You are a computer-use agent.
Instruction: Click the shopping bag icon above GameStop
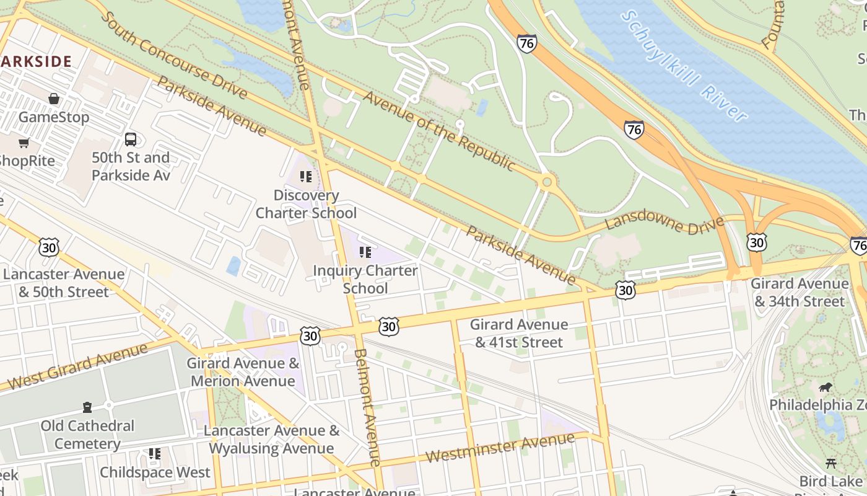[x=54, y=99]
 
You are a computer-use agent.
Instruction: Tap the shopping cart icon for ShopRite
[x=24, y=143]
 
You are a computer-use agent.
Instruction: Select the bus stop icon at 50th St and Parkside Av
[x=131, y=139]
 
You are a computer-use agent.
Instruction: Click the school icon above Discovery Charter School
[x=306, y=177]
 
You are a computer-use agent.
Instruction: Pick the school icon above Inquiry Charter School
[x=365, y=252]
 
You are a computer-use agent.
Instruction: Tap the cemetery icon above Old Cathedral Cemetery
[x=87, y=407]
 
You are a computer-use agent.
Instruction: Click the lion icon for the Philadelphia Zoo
[x=825, y=387]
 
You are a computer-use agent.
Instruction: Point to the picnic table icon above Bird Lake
[x=831, y=463]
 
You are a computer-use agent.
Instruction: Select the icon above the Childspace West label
[x=155, y=454]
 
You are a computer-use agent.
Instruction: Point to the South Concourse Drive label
[x=173, y=55]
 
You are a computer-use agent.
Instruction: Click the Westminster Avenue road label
[x=500, y=448]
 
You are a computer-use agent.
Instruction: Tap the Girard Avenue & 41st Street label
[x=518, y=333]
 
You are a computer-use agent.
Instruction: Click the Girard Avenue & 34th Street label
[x=799, y=293]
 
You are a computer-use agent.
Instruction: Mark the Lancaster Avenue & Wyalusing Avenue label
[x=271, y=440]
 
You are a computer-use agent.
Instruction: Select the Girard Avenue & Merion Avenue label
[x=243, y=372]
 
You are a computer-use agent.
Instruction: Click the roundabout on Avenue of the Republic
[x=546, y=182]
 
